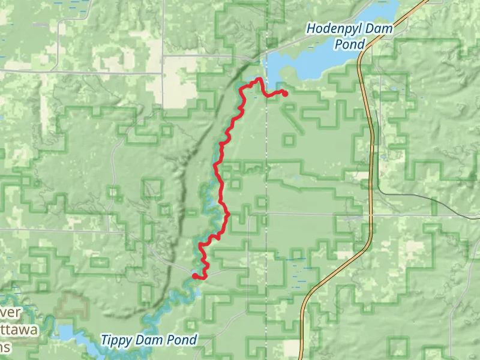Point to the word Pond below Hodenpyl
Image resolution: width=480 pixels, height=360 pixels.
(x=350, y=44)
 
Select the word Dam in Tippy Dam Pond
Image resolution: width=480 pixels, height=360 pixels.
(x=151, y=340)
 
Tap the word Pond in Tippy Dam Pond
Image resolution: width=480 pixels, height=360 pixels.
(x=182, y=340)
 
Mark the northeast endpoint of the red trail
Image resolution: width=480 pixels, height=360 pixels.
(x=284, y=94)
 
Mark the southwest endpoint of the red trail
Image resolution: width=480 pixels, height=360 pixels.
(x=194, y=275)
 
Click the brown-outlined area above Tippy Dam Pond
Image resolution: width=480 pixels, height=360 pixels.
(x=73, y=306)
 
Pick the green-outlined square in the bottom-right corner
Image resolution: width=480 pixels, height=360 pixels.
(x=397, y=347)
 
